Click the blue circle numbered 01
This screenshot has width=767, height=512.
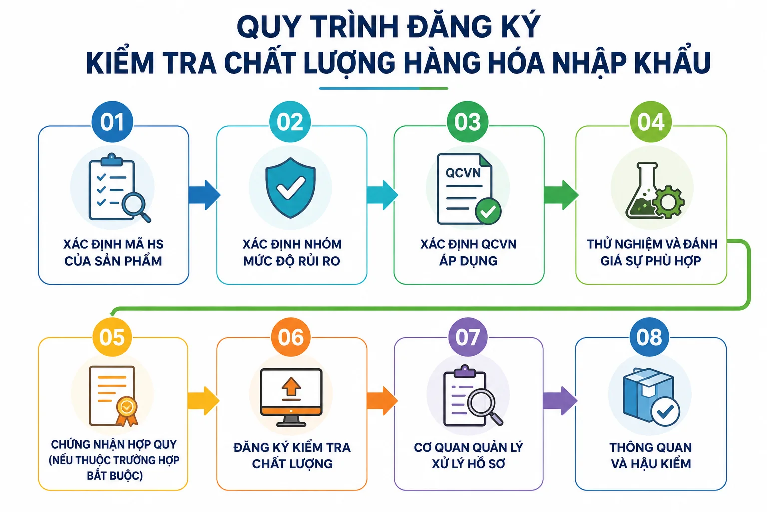click(112, 121)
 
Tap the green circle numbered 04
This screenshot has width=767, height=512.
click(651, 121)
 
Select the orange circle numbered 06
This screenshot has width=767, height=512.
click(290, 337)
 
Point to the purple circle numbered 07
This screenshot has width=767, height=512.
click(468, 337)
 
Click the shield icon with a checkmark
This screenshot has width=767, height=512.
click(290, 188)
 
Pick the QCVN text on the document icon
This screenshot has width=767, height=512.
click(463, 173)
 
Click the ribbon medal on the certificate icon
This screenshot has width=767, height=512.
click(127, 411)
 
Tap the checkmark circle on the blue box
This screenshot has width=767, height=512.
click(665, 411)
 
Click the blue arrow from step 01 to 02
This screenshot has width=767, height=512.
click(204, 195)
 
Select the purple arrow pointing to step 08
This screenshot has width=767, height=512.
click(560, 401)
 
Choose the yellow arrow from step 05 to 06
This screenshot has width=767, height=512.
click(203, 401)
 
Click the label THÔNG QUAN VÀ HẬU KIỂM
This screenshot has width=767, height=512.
click(651, 456)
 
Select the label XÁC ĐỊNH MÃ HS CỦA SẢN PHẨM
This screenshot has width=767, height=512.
click(113, 252)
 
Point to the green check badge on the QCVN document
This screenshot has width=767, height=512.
click(488, 211)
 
